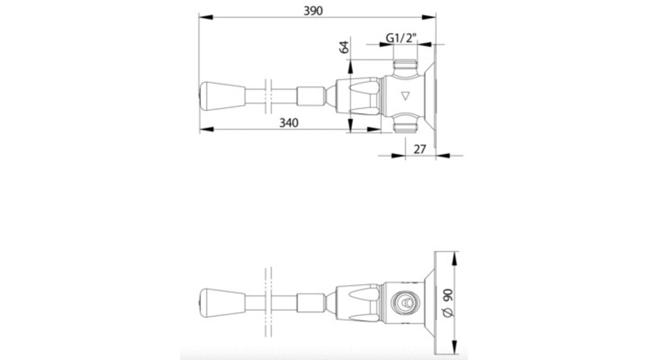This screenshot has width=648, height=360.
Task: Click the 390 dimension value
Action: tap(313, 11)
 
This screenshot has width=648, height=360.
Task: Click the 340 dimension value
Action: tap(289, 122)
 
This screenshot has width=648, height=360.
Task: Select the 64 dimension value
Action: tap(344, 46)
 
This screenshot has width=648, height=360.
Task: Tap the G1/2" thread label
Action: tap(400, 38)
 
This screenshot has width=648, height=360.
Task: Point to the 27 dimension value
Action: tap(420, 149)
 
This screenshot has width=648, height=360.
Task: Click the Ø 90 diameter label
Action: tap(448, 302)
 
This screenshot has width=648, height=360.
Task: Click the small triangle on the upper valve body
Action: tap(405, 96)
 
